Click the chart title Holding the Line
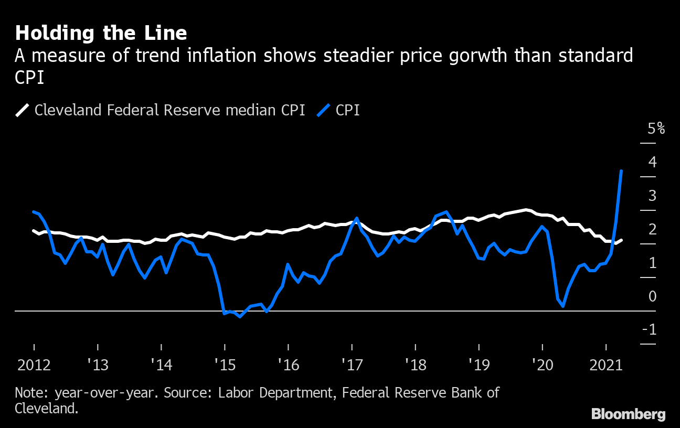click(101, 33)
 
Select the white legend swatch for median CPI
click(23, 110)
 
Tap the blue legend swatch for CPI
click(324, 110)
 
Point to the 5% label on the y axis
click(656, 129)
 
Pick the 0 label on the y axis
click(652, 296)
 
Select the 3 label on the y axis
click(652, 196)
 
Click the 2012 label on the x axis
click(34, 365)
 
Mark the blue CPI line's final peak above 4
click(621, 171)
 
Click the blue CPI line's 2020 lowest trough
click(563, 306)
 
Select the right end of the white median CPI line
click(621, 240)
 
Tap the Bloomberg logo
click(628, 414)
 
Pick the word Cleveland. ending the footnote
click(47, 409)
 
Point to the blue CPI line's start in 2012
click(34, 212)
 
